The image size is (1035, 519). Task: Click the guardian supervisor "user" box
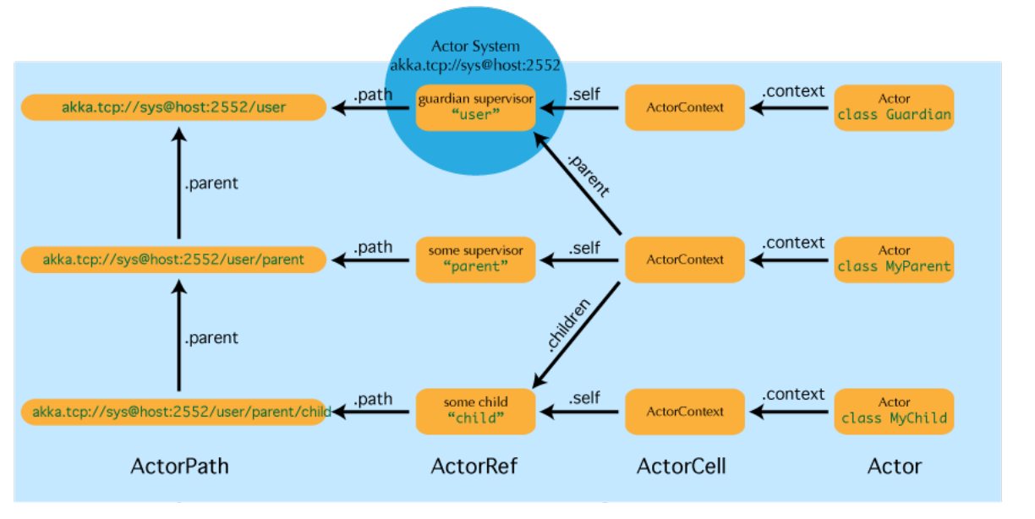476,107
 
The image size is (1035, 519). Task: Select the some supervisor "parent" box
476,259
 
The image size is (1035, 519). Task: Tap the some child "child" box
476,411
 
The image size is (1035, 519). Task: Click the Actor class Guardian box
894,107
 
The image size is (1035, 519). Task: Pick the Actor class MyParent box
894,259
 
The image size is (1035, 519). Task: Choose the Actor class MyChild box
894,411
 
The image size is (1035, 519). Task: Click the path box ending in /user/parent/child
174,412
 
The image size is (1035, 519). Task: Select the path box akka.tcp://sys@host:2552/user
174,107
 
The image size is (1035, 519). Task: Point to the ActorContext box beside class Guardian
685,107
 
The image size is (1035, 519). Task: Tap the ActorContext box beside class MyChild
685,412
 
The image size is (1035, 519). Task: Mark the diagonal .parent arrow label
586,175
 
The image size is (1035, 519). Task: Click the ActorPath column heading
179,466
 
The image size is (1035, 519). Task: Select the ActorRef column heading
474,466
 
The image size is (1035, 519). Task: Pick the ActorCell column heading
682,466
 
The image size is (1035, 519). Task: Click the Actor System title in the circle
475,46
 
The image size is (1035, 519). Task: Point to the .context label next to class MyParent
793,243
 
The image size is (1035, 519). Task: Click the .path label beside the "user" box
373,94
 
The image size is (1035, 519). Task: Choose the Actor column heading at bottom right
894,466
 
